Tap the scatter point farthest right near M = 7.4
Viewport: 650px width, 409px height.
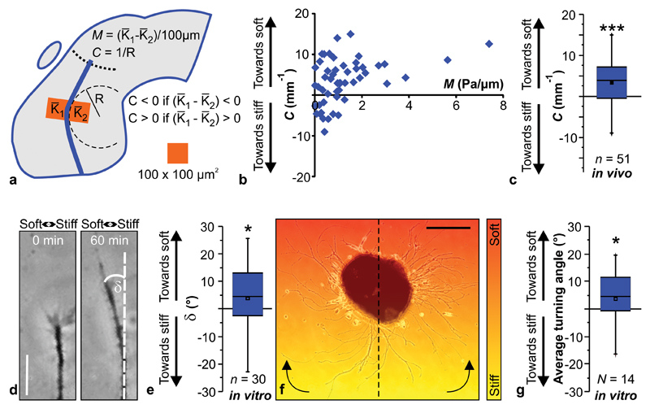(489, 43)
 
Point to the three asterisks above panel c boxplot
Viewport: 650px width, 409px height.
(611, 30)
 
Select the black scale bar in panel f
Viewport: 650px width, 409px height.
(448, 228)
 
